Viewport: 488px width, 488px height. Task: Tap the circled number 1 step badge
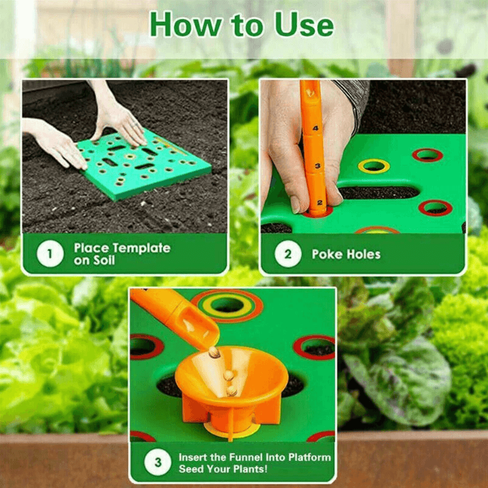coord(49,254)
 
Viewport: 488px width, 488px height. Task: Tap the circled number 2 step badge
coord(287,254)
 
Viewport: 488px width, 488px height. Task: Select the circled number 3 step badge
coord(157,463)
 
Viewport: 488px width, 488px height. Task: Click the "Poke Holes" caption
coord(346,254)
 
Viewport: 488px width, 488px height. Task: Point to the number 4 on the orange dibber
coord(315,128)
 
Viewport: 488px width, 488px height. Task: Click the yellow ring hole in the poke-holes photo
coord(373,165)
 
